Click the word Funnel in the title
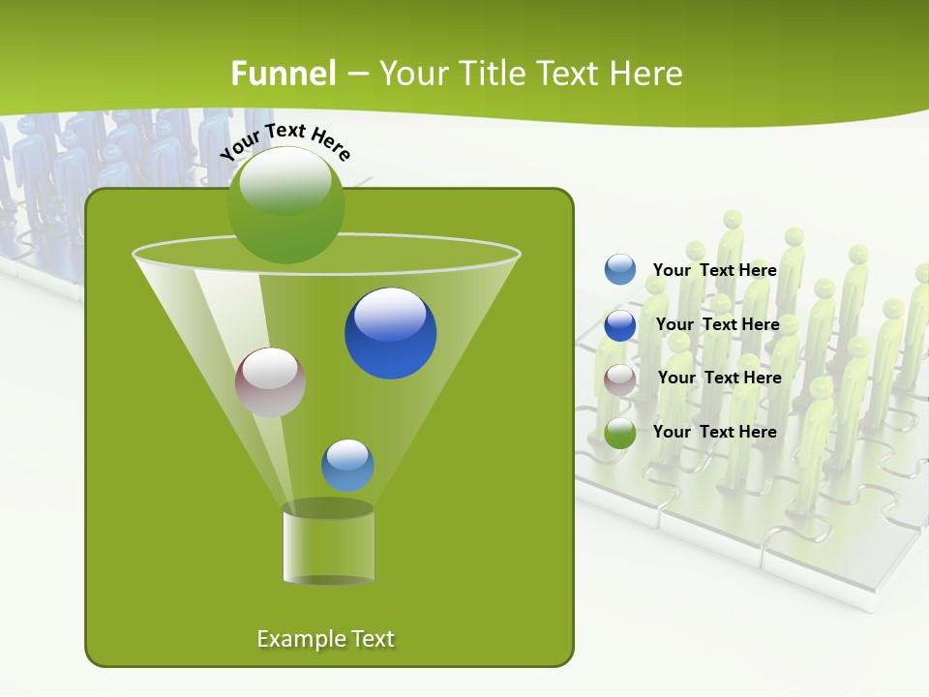click(283, 74)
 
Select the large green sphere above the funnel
click(285, 204)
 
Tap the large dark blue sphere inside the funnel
click(390, 333)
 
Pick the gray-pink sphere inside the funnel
click(270, 382)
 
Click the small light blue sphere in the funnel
click(347, 466)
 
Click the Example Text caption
click(325, 639)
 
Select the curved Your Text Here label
click(285, 141)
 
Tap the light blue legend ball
click(620, 270)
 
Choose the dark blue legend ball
click(620, 325)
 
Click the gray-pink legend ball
click(620, 379)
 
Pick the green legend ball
click(620, 433)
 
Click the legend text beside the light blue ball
click(714, 270)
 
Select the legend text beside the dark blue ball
click(717, 324)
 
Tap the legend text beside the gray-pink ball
click(719, 378)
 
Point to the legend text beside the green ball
click(714, 432)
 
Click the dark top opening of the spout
click(328, 508)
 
